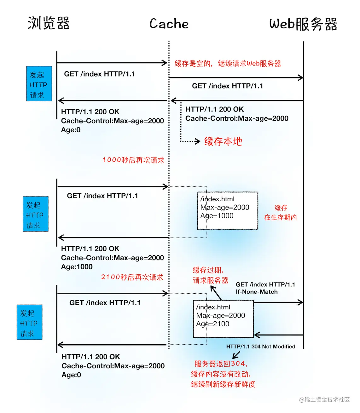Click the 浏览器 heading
tap(49, 23)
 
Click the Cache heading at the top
tap(169, 24)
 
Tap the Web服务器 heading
tap(303, 24)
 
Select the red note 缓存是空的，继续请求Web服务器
tap(228, 64)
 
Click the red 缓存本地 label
tap(223, 141)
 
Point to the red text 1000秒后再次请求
tap(133, 160)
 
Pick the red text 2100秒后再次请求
tap(132, 277)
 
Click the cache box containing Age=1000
tap(228, 210)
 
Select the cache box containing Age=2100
tap(223, 318)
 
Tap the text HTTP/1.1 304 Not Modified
tap(261, 347)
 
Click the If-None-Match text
tap(257, 292)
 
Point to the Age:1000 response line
tap(77, 267)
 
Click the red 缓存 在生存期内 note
tap(281, 213)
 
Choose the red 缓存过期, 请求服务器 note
tap(210, 275)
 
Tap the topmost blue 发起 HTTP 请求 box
tap(39, 84)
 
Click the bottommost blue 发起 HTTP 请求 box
tap(29, 322)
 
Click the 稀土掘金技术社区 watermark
tap(324, 399)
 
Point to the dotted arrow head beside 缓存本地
tap(198, 141)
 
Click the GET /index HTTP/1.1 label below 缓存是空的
tap(227, 86)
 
